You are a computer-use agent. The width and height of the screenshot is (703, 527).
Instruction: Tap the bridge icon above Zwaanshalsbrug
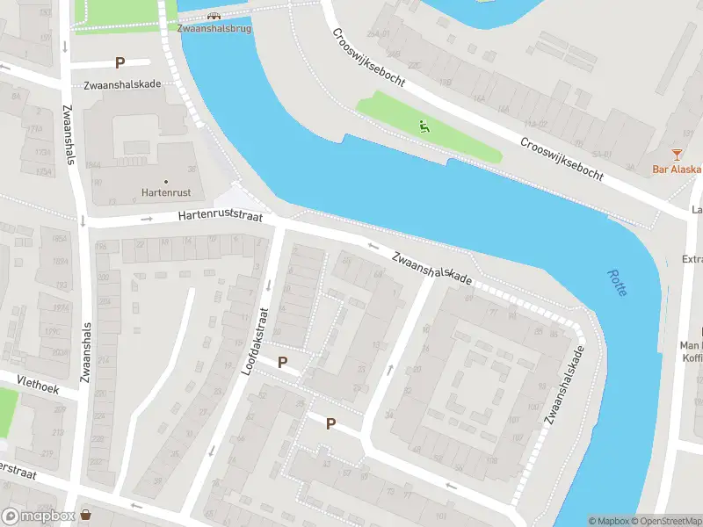tap(214, 15)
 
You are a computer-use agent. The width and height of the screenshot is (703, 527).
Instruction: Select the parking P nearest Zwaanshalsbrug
tap(120, 63)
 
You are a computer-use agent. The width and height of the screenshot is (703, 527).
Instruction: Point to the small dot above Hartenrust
tap(166, 182)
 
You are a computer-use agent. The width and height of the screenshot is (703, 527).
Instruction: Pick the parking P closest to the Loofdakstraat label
tap(283, 362)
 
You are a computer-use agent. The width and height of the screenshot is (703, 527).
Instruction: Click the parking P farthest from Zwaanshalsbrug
tap(330, 423)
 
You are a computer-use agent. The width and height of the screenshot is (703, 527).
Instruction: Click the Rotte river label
tap(617, 282)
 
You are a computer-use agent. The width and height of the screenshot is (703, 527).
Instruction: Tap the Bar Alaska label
tap(677, 170)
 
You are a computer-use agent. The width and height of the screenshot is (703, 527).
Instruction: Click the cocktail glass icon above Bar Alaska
tap(677, 155)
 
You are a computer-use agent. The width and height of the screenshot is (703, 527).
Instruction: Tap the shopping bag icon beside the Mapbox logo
tap(86, 515)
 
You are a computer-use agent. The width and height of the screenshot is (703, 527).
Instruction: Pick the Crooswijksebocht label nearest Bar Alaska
tap(561, 159)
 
